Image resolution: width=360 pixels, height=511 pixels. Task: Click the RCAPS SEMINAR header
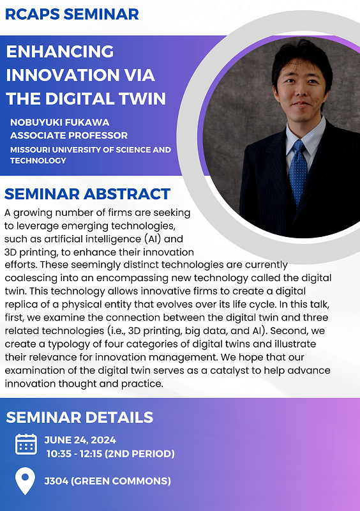pos(72,14)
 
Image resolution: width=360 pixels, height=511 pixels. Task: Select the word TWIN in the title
pos(144,98)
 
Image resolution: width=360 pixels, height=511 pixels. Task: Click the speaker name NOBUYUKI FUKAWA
pos(60,122)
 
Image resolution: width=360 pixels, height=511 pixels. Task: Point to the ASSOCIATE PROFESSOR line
pos(69,135)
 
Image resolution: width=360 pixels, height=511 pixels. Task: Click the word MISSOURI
pos(30,150)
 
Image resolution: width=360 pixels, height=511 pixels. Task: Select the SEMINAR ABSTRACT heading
pos(87,194)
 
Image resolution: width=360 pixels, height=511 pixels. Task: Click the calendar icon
pos(26,444)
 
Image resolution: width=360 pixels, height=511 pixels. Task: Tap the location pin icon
pos(25,481)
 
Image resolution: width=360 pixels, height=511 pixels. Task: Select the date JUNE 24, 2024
pos(80,440)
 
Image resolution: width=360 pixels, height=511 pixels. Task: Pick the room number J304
pos(56,481)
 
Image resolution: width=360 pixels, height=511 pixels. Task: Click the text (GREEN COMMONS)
pos(121,481)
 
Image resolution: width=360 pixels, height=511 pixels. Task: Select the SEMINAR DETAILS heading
pos(80,418)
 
